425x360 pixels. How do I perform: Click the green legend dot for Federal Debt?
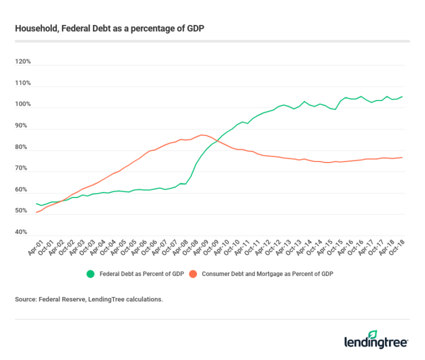(90, 273)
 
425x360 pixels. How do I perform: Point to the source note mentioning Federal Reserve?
(89, 299)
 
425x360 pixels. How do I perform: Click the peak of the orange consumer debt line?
(203, 134)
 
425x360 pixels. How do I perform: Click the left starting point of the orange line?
(37, 212)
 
